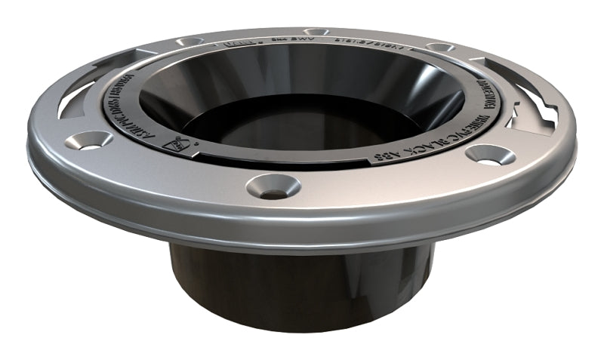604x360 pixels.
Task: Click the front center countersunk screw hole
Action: [x=273, y=186]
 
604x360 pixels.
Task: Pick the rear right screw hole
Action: [x=439, y=47]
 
